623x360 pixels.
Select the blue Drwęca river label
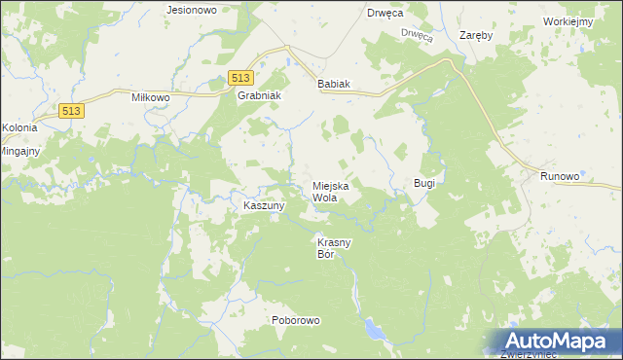tap(416, 35)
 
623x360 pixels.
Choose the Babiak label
tap(333, 84)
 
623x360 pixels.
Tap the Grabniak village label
tap(259, 96)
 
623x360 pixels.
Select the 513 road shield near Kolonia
tap(71, 111)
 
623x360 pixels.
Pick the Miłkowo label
tap(151, 97)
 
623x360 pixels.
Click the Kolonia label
tap(19, 127)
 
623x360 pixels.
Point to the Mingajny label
tap(18, 152)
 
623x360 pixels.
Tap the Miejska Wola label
tap(330, 191)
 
